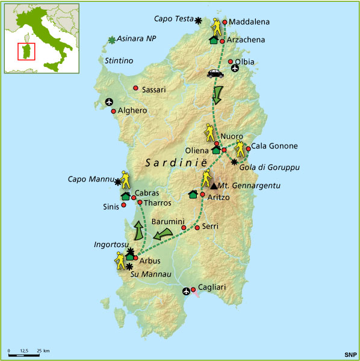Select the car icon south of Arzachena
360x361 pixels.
pyautogui.click(x=214, y=74)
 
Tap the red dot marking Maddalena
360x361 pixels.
pyautogui.click(x=225, y=22)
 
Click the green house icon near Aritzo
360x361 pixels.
pyautogui.click(x=193, y=194)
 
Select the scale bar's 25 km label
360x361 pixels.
pyautogui.click(x=42, y=350)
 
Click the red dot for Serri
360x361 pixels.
pyautogui.click(x=197, y=227)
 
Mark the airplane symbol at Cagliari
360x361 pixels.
pyautogui.click(x=186, y=292)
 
